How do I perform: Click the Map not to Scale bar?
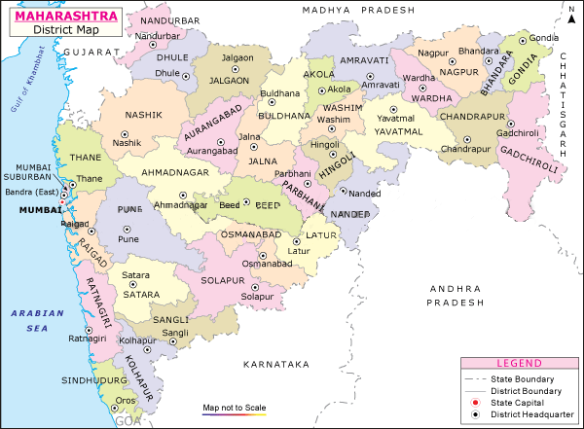click(x=234, y=413)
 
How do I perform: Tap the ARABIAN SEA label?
click(x=31, y=321)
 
